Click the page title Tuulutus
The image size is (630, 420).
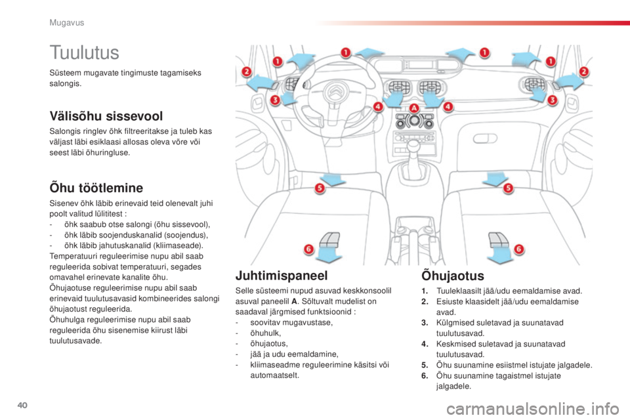[x=85, y=52]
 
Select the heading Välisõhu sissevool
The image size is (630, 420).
[x=106, y=116]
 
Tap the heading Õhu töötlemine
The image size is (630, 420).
[x=96, y=188]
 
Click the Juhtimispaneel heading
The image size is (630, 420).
[x=282, y=276]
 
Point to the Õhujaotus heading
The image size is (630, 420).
[x=453, y=276]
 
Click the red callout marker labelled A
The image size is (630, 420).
[x=414, y=108]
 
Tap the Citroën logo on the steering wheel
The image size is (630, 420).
[x=335, y=92]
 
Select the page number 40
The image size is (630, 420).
[x=22, y=405]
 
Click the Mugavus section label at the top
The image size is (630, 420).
[x=67, y=23]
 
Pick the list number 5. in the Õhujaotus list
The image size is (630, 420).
[x=425, y=366]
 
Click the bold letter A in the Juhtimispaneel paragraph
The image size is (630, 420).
[x=295, y=301]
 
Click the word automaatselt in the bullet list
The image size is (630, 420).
[x=274, y=375]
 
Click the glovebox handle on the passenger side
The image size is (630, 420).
[x=486, y=139]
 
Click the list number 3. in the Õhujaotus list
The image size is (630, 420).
[x=425, y=323]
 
